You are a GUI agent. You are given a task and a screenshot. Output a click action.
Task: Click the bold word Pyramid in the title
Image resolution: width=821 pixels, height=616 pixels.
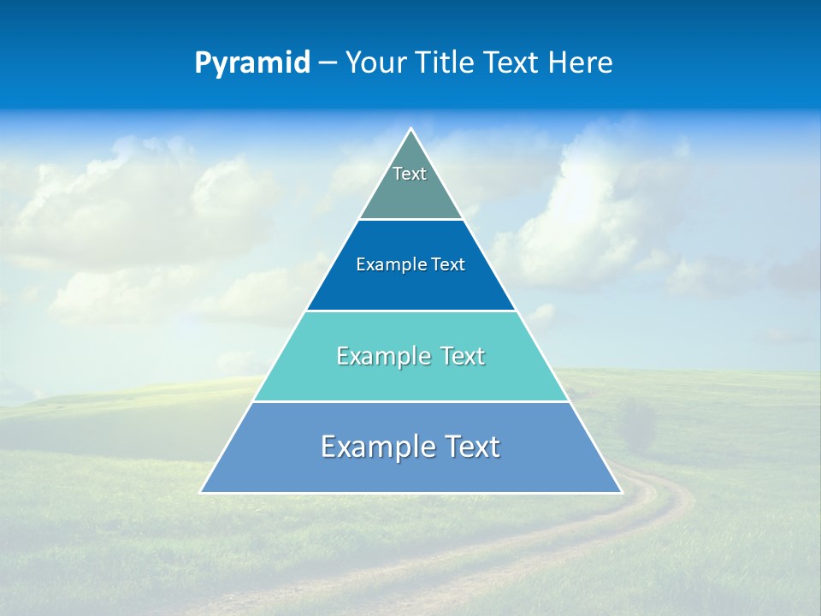tap(252, 63)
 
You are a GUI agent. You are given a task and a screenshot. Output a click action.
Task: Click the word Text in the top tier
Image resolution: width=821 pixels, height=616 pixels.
tap(410, 174)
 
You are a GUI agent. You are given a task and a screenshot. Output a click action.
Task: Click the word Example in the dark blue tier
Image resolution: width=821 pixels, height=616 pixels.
tap(383, 265)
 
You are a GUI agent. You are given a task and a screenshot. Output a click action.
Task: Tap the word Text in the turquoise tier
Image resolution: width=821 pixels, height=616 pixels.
tap(463, 356)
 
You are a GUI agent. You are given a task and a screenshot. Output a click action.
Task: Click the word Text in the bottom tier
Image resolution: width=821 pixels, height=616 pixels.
tap(472, 447)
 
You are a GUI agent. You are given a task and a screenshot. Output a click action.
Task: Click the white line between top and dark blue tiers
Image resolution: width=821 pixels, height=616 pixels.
tap(410, 219)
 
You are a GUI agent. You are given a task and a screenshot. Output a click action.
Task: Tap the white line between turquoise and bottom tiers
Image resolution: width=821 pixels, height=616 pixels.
tap(410, 401)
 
